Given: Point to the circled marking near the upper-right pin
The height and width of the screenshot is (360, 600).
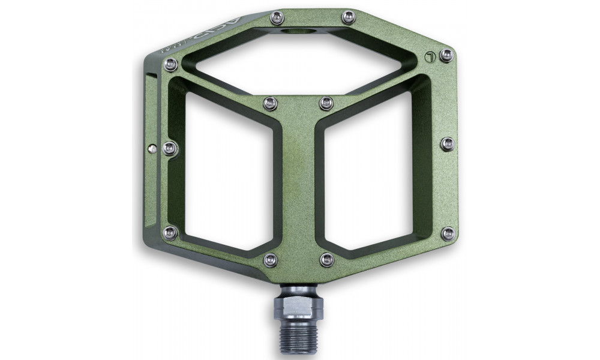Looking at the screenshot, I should (x=428, y=58).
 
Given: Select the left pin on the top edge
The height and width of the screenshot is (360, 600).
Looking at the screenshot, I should (x=276, y=19).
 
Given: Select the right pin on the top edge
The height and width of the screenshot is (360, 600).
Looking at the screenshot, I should (x=347, y=19).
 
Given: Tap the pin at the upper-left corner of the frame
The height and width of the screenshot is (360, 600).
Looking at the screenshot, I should (x=171, y=62).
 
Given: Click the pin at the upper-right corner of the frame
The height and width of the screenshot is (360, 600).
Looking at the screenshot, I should (x=445, y=56).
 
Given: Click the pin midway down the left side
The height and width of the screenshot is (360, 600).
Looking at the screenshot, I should (x=170, y=146).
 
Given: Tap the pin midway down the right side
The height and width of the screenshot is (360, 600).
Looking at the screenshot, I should (x=447, y=143).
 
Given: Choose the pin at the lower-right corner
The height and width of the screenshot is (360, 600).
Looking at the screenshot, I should (x=447, y=232).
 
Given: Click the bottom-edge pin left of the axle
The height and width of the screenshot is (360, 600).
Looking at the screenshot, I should (x=270, y=259).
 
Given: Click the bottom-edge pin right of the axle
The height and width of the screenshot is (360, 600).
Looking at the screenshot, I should (x=326, y=259).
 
